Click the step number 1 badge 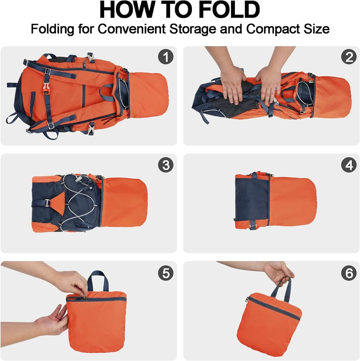(166, 57)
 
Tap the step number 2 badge (348, 57)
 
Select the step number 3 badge (166, 165)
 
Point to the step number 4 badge (348, 165)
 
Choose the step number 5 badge (166, 273)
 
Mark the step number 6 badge (348, 273)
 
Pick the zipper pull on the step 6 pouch (247, 299)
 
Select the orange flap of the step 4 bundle (292, 201)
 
